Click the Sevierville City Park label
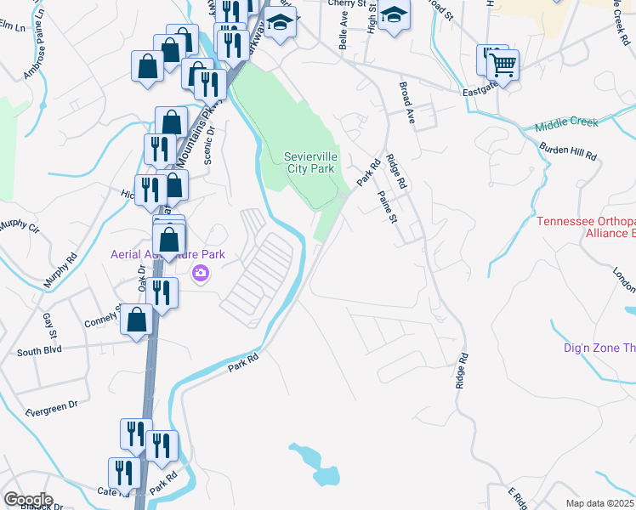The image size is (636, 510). click(x=309, y=162)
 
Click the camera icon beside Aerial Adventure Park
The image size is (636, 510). click(x=202, y=273)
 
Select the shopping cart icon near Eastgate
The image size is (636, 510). click(x=503, y=63)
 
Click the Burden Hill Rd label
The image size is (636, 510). click(x=568, y=151)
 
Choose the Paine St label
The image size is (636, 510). click(x=388, y=206)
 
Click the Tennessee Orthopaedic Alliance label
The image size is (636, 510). click(x=586, y=228)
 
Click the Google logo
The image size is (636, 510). click(x=27, y=500)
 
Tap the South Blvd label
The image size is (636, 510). click(x=40, y=351)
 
